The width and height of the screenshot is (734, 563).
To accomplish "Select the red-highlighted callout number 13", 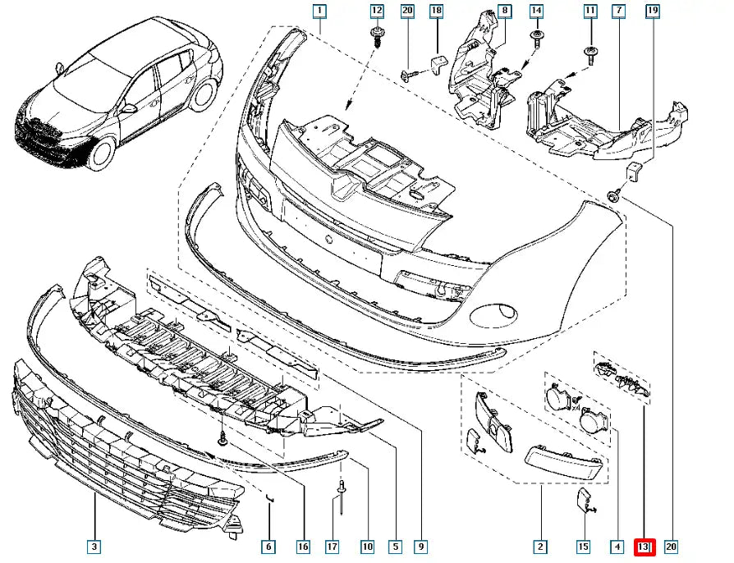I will (644, 546).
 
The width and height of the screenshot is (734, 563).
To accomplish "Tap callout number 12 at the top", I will (377, 11).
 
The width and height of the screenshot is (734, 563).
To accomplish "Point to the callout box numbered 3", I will (94, 546).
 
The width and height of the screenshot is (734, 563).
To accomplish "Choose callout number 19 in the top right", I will (653, 11).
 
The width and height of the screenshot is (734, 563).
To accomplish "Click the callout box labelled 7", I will (618, 11).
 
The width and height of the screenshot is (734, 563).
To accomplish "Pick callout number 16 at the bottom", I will (303, 546).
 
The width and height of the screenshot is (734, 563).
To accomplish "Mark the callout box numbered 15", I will (583, 546).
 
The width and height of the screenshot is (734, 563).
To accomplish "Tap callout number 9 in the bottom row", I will (420, 546).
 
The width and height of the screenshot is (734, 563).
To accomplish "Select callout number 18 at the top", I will (436, 11).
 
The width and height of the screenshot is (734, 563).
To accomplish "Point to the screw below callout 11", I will (590, 53).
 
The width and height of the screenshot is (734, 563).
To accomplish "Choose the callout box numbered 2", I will (540, 546).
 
